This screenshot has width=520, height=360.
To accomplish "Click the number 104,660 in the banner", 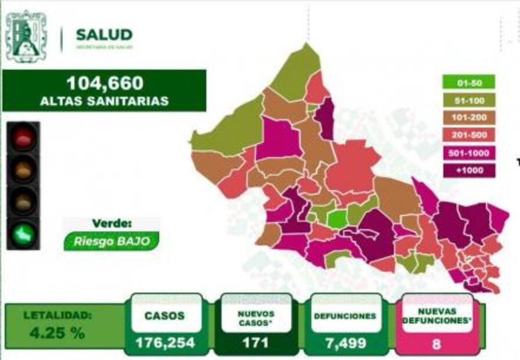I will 104,84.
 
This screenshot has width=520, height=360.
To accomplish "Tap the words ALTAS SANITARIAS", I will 104,101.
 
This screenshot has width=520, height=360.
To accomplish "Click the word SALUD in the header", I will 104,35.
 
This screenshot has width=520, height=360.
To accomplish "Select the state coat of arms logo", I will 26,36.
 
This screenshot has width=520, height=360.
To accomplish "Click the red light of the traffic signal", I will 23,138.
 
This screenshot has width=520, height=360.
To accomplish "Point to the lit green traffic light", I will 23,233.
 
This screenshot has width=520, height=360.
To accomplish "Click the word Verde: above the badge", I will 111,223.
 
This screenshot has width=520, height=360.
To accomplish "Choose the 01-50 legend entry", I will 468,82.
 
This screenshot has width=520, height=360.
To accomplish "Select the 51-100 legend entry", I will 468,100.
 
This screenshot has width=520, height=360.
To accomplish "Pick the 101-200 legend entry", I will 468,118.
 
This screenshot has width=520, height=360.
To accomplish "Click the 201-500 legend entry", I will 468,135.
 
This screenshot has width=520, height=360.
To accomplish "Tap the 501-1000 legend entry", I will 468,153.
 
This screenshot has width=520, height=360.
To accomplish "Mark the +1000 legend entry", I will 468,171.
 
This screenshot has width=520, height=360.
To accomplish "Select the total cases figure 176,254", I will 165,343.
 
